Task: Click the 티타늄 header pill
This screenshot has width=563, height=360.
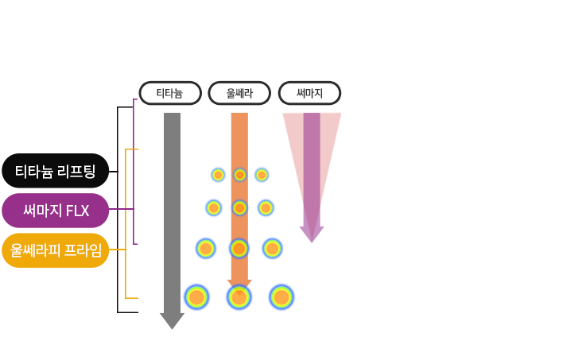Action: point(169,93)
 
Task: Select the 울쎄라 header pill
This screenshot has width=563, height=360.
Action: point(239,93)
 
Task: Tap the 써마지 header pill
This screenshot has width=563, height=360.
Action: point(309,93)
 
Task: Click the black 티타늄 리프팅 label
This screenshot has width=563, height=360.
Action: point(55,171)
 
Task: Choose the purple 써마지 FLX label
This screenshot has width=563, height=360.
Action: point(55,211)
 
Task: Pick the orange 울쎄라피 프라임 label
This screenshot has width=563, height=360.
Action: point(55,250)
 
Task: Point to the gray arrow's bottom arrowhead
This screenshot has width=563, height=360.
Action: point(172,321)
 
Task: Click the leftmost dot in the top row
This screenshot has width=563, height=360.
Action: point(218,175)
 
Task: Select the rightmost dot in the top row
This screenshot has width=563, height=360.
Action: point(262,175)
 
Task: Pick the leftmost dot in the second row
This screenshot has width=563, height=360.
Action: point(213,208)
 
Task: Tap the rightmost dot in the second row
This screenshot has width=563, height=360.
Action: point(266,208)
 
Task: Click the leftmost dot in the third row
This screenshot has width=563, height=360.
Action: point(206,249)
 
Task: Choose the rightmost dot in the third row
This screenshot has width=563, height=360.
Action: point(273,249)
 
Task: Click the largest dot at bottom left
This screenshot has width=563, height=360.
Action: point(196,297)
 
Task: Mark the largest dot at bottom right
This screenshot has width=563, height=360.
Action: point(281,297)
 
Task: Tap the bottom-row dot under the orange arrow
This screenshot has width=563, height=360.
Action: point(239,297)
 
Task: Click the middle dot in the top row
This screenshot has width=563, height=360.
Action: point(239,175)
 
